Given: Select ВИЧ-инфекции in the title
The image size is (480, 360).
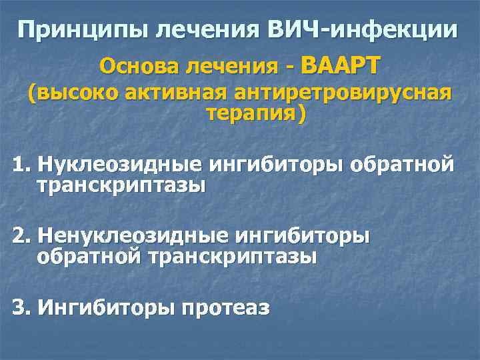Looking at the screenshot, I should (363, 30).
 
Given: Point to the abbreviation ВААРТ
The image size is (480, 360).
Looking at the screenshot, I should (340, 65).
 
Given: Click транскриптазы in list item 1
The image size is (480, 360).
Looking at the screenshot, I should (121, 185).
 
